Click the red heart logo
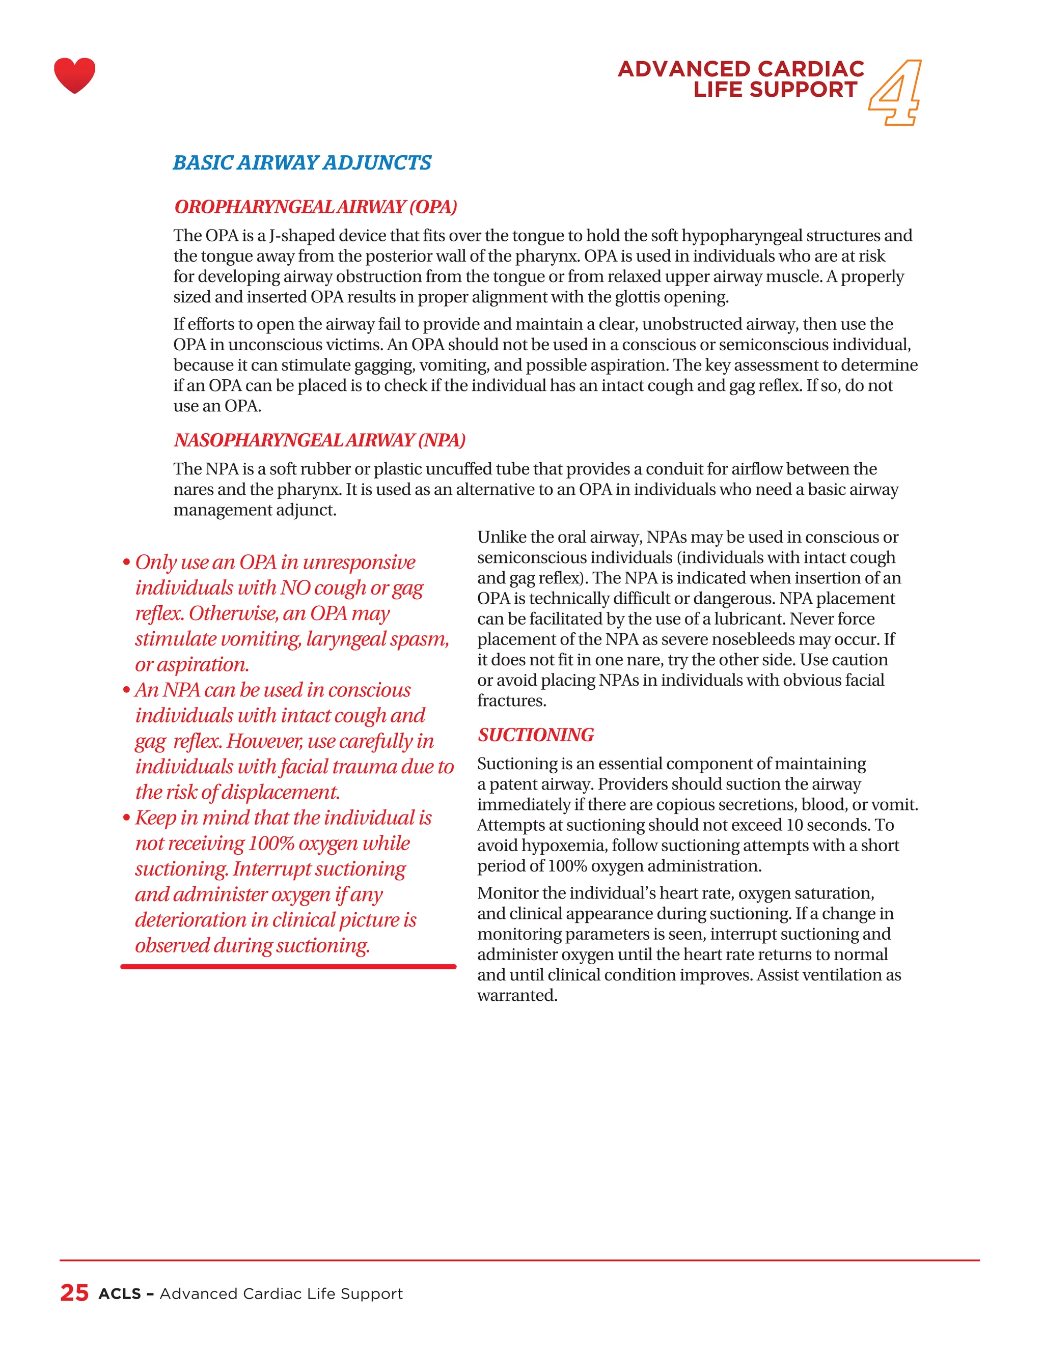coord(74,75)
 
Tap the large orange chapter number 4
coord(895,93)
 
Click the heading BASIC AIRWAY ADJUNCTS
coord(301,162)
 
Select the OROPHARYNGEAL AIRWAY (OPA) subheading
coord(316,206)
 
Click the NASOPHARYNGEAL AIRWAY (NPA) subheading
coord(319,440)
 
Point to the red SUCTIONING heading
coord(535,735)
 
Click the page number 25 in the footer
coord(74,1293)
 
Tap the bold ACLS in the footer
coord(120,1294)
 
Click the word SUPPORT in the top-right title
coord(803,90)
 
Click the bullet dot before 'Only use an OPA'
coord(126,563)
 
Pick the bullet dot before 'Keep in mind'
coord(126,819)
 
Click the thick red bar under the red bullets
coord(288,966)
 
